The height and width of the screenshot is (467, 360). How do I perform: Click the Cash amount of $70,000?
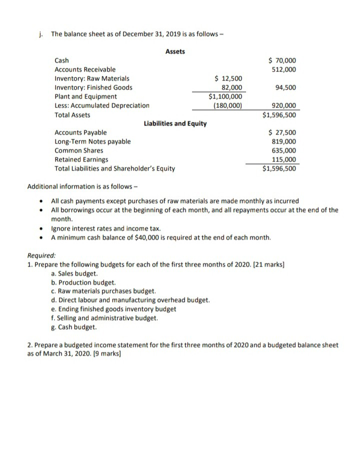click(x=282, y=60)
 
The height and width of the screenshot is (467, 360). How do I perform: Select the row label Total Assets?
click(x=72, y=114)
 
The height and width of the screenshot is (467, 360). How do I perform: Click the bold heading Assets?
click(x=175, y=51)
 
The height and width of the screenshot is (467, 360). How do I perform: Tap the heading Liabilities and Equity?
click(x=175, y=123)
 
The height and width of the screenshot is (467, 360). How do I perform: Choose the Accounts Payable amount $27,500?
click(x=282, y=132)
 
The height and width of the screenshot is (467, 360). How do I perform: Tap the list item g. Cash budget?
click(x=73, y=327)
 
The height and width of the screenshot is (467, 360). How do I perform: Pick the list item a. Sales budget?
click(x=74, y=273)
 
